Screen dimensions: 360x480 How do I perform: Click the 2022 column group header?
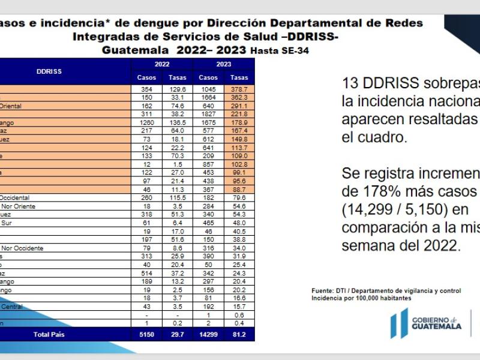pos(162,64)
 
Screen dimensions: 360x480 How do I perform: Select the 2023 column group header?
pos(224,64)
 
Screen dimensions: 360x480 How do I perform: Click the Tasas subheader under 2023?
pos(239,77)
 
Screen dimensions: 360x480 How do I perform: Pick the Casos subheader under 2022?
pos(147,77)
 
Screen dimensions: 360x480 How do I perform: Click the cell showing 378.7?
pos(239,88)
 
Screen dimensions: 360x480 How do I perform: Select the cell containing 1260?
pos(147,122)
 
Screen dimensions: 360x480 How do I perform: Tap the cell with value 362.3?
pos(239,97)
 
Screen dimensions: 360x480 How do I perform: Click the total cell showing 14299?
pos(208,334)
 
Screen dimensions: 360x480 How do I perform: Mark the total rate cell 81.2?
pos(239,334)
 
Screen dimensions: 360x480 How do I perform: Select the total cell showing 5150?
pos(147,334)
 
